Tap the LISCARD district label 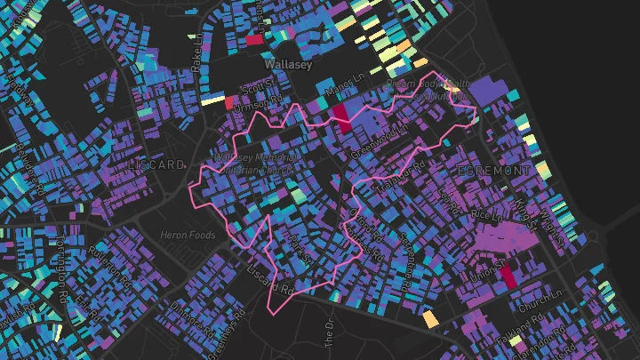pyautogui.click(x=156, y=165)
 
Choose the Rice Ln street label pyautogui.click(x=486, y=216)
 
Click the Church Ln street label pyautogui.click(x=542, y=294)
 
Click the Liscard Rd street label pyautogui.click(x=271, y=278)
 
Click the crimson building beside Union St pyautogui.click(x=508, y=276)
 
